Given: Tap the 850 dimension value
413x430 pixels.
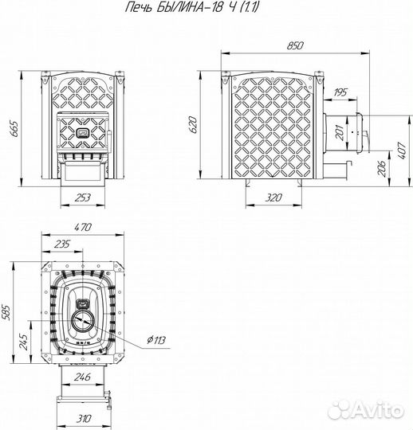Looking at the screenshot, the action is pyautogui.click(x=295, y=45).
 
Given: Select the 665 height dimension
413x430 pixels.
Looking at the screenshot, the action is pyautogui.click(x=14, y=129).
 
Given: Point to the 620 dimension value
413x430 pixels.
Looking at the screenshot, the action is pyautogui.click(x=193, y=125).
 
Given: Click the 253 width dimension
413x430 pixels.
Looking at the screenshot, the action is pyautogui.click(x=82, y=197).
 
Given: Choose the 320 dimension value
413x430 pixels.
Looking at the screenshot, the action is pyautogui.click(x=273, y=197).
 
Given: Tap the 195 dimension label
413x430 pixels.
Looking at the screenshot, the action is pyautogui.click(x=340, y=92).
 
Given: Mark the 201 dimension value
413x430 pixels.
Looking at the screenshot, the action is pyautogui.click(x=340, y=132).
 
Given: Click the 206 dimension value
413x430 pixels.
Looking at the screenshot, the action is pyautogui.click(x=381, y=168).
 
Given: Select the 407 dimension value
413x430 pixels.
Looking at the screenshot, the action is pyautogui.click(x=402, y=150).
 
